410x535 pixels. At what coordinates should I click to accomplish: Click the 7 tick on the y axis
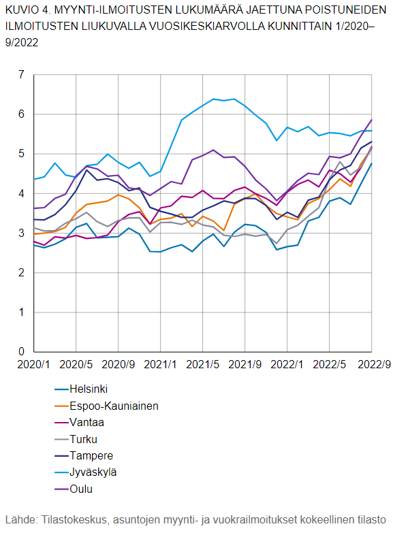tap(21, 75)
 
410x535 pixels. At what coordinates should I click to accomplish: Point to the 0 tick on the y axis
tap(21, 352)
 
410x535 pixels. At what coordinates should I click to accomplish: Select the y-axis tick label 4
tap(21, 194)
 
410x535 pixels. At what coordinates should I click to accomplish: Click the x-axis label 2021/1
tap(161, 365)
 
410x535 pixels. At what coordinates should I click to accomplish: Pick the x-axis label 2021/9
tap(245, 365)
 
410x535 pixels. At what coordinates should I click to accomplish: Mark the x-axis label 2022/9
tap(374, 365)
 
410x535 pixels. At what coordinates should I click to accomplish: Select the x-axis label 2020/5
tap(76, 365)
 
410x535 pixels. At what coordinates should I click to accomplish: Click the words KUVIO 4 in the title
tap(27, 11)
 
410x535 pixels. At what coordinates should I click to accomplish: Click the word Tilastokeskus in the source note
tap(74, 519)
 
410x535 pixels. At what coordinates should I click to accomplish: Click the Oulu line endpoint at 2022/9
tap(372, 120)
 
